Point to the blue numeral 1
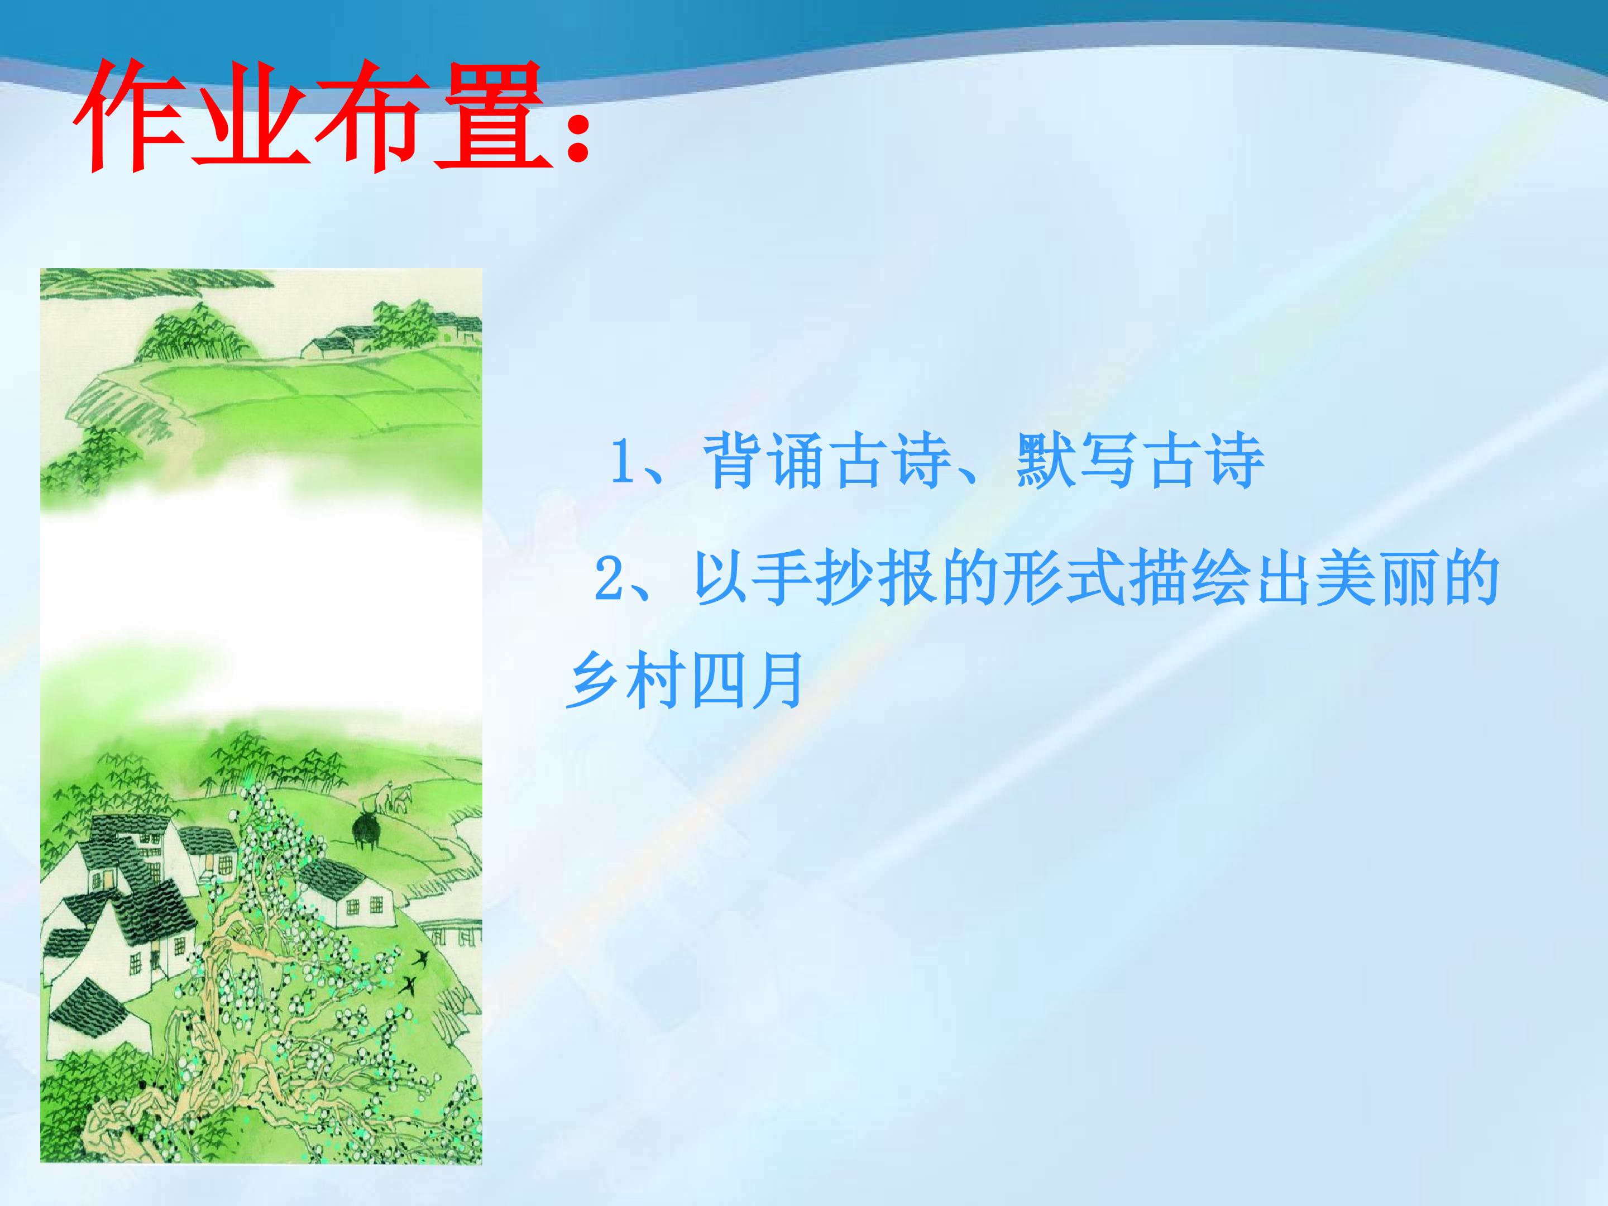[623, 460]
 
